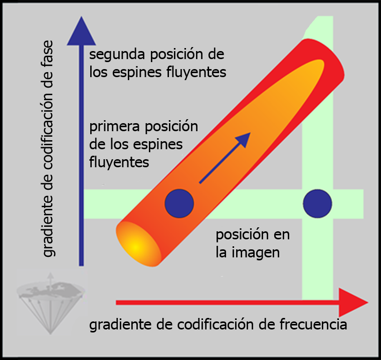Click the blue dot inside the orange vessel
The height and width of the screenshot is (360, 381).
point(179,203)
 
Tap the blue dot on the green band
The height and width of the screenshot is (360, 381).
point(317,203)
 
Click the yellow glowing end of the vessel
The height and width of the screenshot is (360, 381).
point(134,245)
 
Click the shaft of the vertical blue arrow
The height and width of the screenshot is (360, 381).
point(80,150)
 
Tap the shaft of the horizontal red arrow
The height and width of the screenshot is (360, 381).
point(226,302)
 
